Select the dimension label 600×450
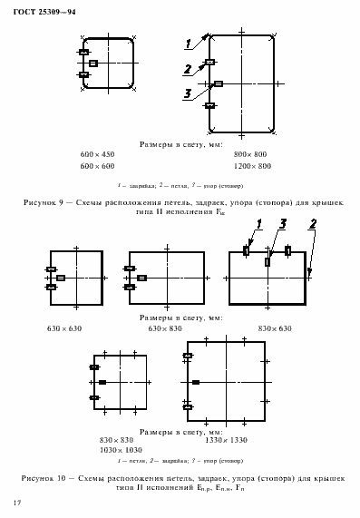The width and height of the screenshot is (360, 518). tap(97, 155)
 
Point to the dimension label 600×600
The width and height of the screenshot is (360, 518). tap(97, 166)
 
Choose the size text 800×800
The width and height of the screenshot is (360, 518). tap(250, 155)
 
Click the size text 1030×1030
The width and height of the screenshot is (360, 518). tap(122, 450)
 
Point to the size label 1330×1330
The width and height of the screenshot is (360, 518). tap(226, 440)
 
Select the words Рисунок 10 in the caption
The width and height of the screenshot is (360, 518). tap(44, 475)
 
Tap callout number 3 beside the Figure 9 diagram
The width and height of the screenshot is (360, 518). tap(187, 93)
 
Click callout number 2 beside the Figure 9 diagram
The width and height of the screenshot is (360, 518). tap(187, 69)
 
